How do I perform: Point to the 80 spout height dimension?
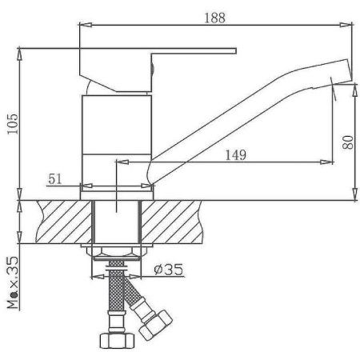(346, 143)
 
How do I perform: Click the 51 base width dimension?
(54, 180)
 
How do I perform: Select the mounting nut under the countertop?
(117, 256)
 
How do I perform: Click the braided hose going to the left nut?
(115, 300)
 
